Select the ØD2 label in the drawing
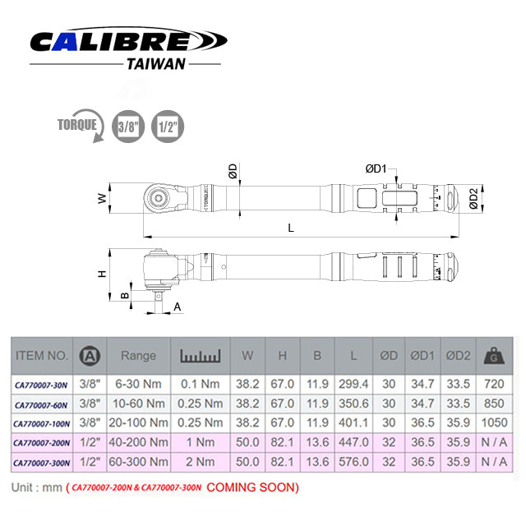(x=473, y=199)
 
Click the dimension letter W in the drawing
(x=101, y=198)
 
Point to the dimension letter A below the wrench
(x=178, y=306)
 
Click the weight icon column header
(x=494, y=355)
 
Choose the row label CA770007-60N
(x=41, y=404)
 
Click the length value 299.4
(x=353, y=384)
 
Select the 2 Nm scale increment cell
(x=201, y=463)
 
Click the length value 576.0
(x=353, y=463)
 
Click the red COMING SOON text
(x=252, y=487)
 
